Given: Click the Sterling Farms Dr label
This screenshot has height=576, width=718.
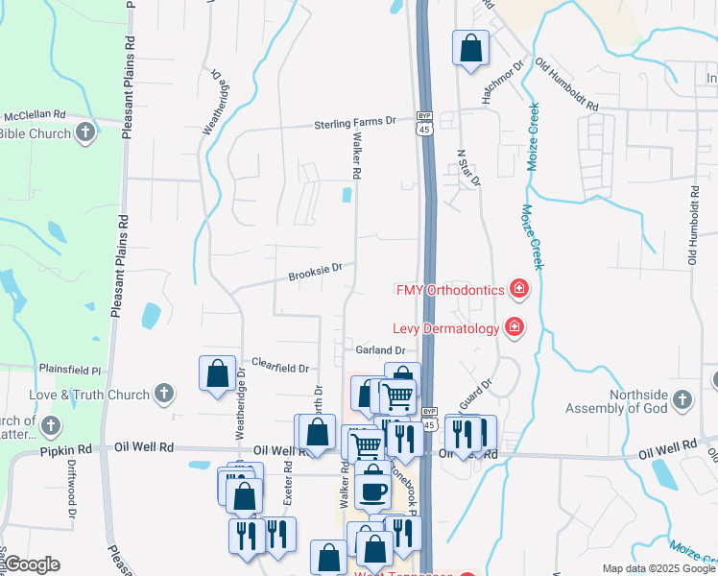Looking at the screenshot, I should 356,123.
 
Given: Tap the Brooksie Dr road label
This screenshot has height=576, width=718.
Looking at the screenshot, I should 315,273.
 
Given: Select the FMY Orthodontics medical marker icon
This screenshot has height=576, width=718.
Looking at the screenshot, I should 519,288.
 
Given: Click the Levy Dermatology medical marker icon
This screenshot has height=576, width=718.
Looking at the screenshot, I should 515,327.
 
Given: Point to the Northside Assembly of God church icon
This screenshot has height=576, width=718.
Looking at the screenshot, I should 682,398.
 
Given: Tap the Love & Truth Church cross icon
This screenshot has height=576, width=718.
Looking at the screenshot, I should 164,394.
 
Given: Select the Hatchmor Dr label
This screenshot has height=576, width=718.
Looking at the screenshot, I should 504,82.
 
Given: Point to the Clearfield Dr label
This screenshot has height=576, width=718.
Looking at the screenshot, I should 280,367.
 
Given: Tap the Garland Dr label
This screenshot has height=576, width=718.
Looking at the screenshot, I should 381,350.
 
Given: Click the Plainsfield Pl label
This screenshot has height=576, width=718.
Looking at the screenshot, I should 70,369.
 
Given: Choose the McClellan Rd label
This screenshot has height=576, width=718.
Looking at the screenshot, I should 35,114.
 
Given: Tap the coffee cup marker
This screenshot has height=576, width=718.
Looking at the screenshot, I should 372,490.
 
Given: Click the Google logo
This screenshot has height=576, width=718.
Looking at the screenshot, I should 31,564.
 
